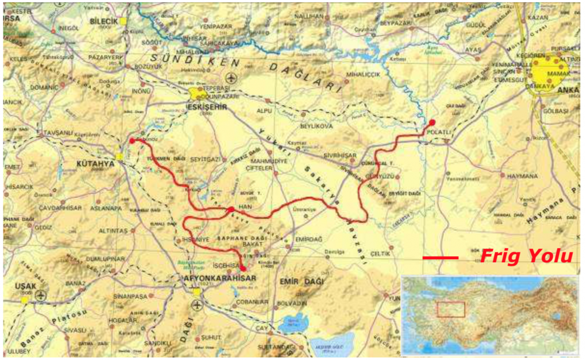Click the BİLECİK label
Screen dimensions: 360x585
tap(104, 20)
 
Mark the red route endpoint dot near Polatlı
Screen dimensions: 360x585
tap(432, 122)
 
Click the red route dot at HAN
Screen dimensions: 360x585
tap(232, 210)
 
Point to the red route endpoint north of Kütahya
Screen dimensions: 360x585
tap(133, 140)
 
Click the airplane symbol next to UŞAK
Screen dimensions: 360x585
tap(41, 294)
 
